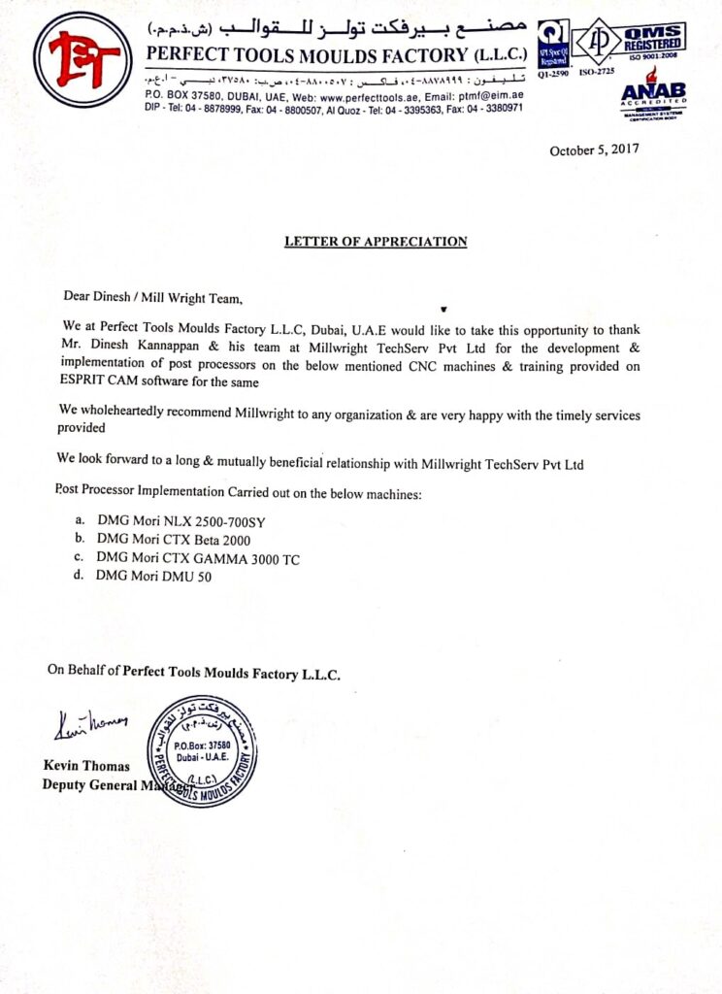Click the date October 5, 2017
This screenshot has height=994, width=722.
coord(594,150)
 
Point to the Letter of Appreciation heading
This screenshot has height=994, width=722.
coord(376,242)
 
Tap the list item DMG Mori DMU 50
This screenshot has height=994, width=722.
coord(153,576)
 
